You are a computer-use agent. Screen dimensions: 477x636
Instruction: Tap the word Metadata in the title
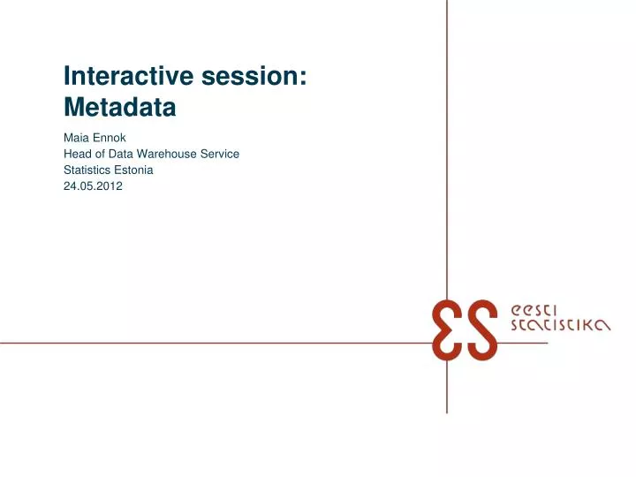coord(120,109)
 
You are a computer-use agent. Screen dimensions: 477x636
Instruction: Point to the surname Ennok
coord(109,138)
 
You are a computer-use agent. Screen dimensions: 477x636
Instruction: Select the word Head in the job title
coord(77,154)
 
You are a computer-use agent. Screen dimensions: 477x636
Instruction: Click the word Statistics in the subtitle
coord(87,169)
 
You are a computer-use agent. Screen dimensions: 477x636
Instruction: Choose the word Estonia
coord(132,169)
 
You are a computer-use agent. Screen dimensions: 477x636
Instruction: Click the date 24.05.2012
coord(94,185)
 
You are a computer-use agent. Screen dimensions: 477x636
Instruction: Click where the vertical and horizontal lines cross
coord(447,342)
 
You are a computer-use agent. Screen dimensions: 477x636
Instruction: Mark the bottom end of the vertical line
coord(447,412)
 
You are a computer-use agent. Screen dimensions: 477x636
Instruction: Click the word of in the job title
coord(102,154)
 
